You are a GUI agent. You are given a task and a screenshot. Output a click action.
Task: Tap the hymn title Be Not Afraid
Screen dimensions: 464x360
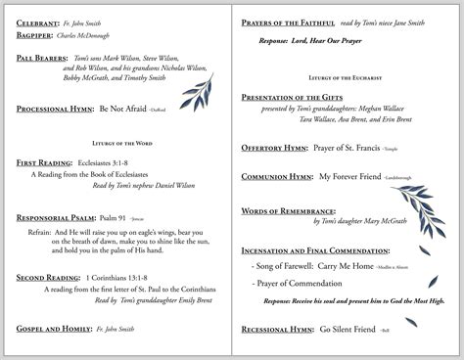(x=124, y=111)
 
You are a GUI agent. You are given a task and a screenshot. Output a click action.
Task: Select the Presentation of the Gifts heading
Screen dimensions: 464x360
(x=300, y=94)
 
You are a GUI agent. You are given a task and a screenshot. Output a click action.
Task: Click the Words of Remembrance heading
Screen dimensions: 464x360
(x=287, y=210)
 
